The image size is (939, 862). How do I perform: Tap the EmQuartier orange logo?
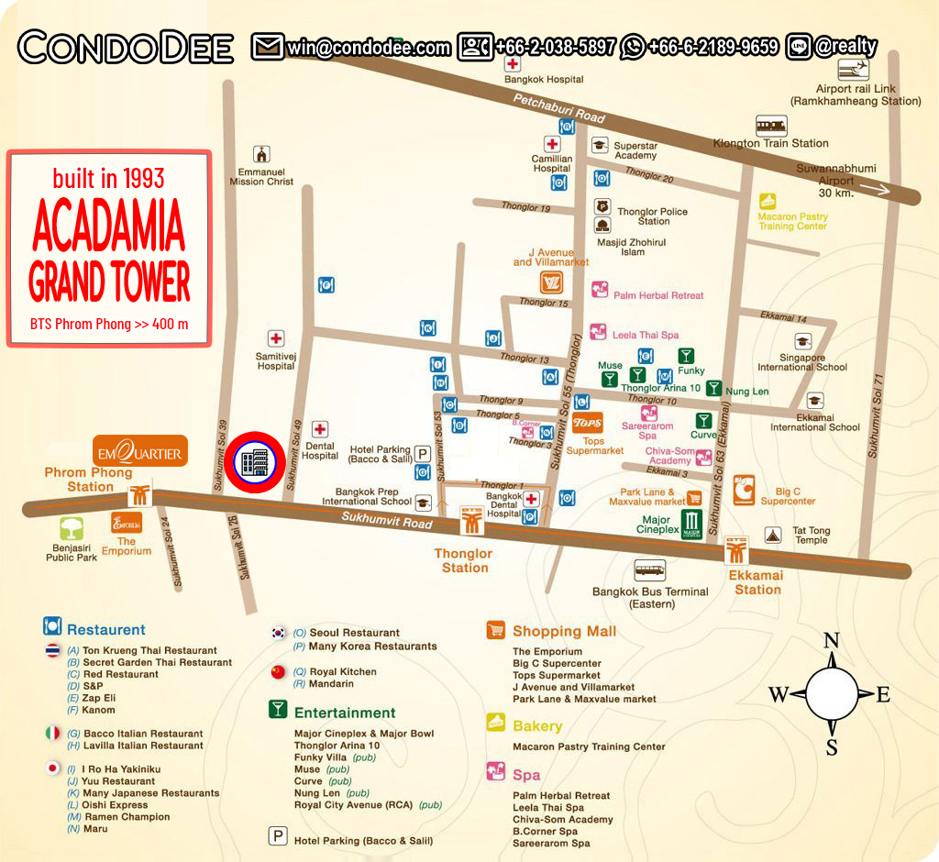tap(140, 451)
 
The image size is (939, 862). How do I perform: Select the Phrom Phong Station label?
tap(89, 480)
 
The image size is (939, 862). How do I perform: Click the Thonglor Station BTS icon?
tap(472, 521)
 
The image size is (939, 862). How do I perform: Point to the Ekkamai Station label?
tap(757, 582)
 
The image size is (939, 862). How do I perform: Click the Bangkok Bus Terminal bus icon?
tap(650, 570)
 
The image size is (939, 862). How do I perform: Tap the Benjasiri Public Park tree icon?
tap(72, 529)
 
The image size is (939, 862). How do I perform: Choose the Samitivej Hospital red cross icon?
tap(276, 339)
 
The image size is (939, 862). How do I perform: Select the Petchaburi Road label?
tap(558, 108)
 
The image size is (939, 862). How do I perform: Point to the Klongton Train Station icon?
tap(770, 126)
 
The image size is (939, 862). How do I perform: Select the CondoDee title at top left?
tap(126, 48)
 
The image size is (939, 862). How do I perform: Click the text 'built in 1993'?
tap(108, 178)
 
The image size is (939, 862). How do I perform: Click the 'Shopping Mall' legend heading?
tap(564, 631)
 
